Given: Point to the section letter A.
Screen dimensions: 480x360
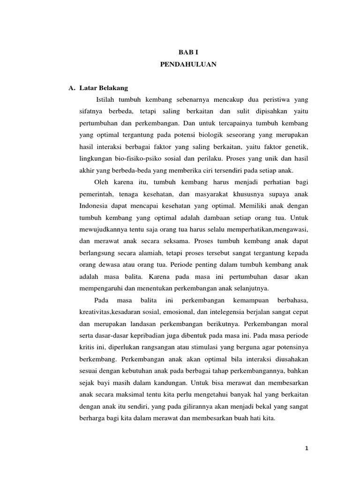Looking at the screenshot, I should click(72, 88).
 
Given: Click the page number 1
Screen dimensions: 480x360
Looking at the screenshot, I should click(306, 448).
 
